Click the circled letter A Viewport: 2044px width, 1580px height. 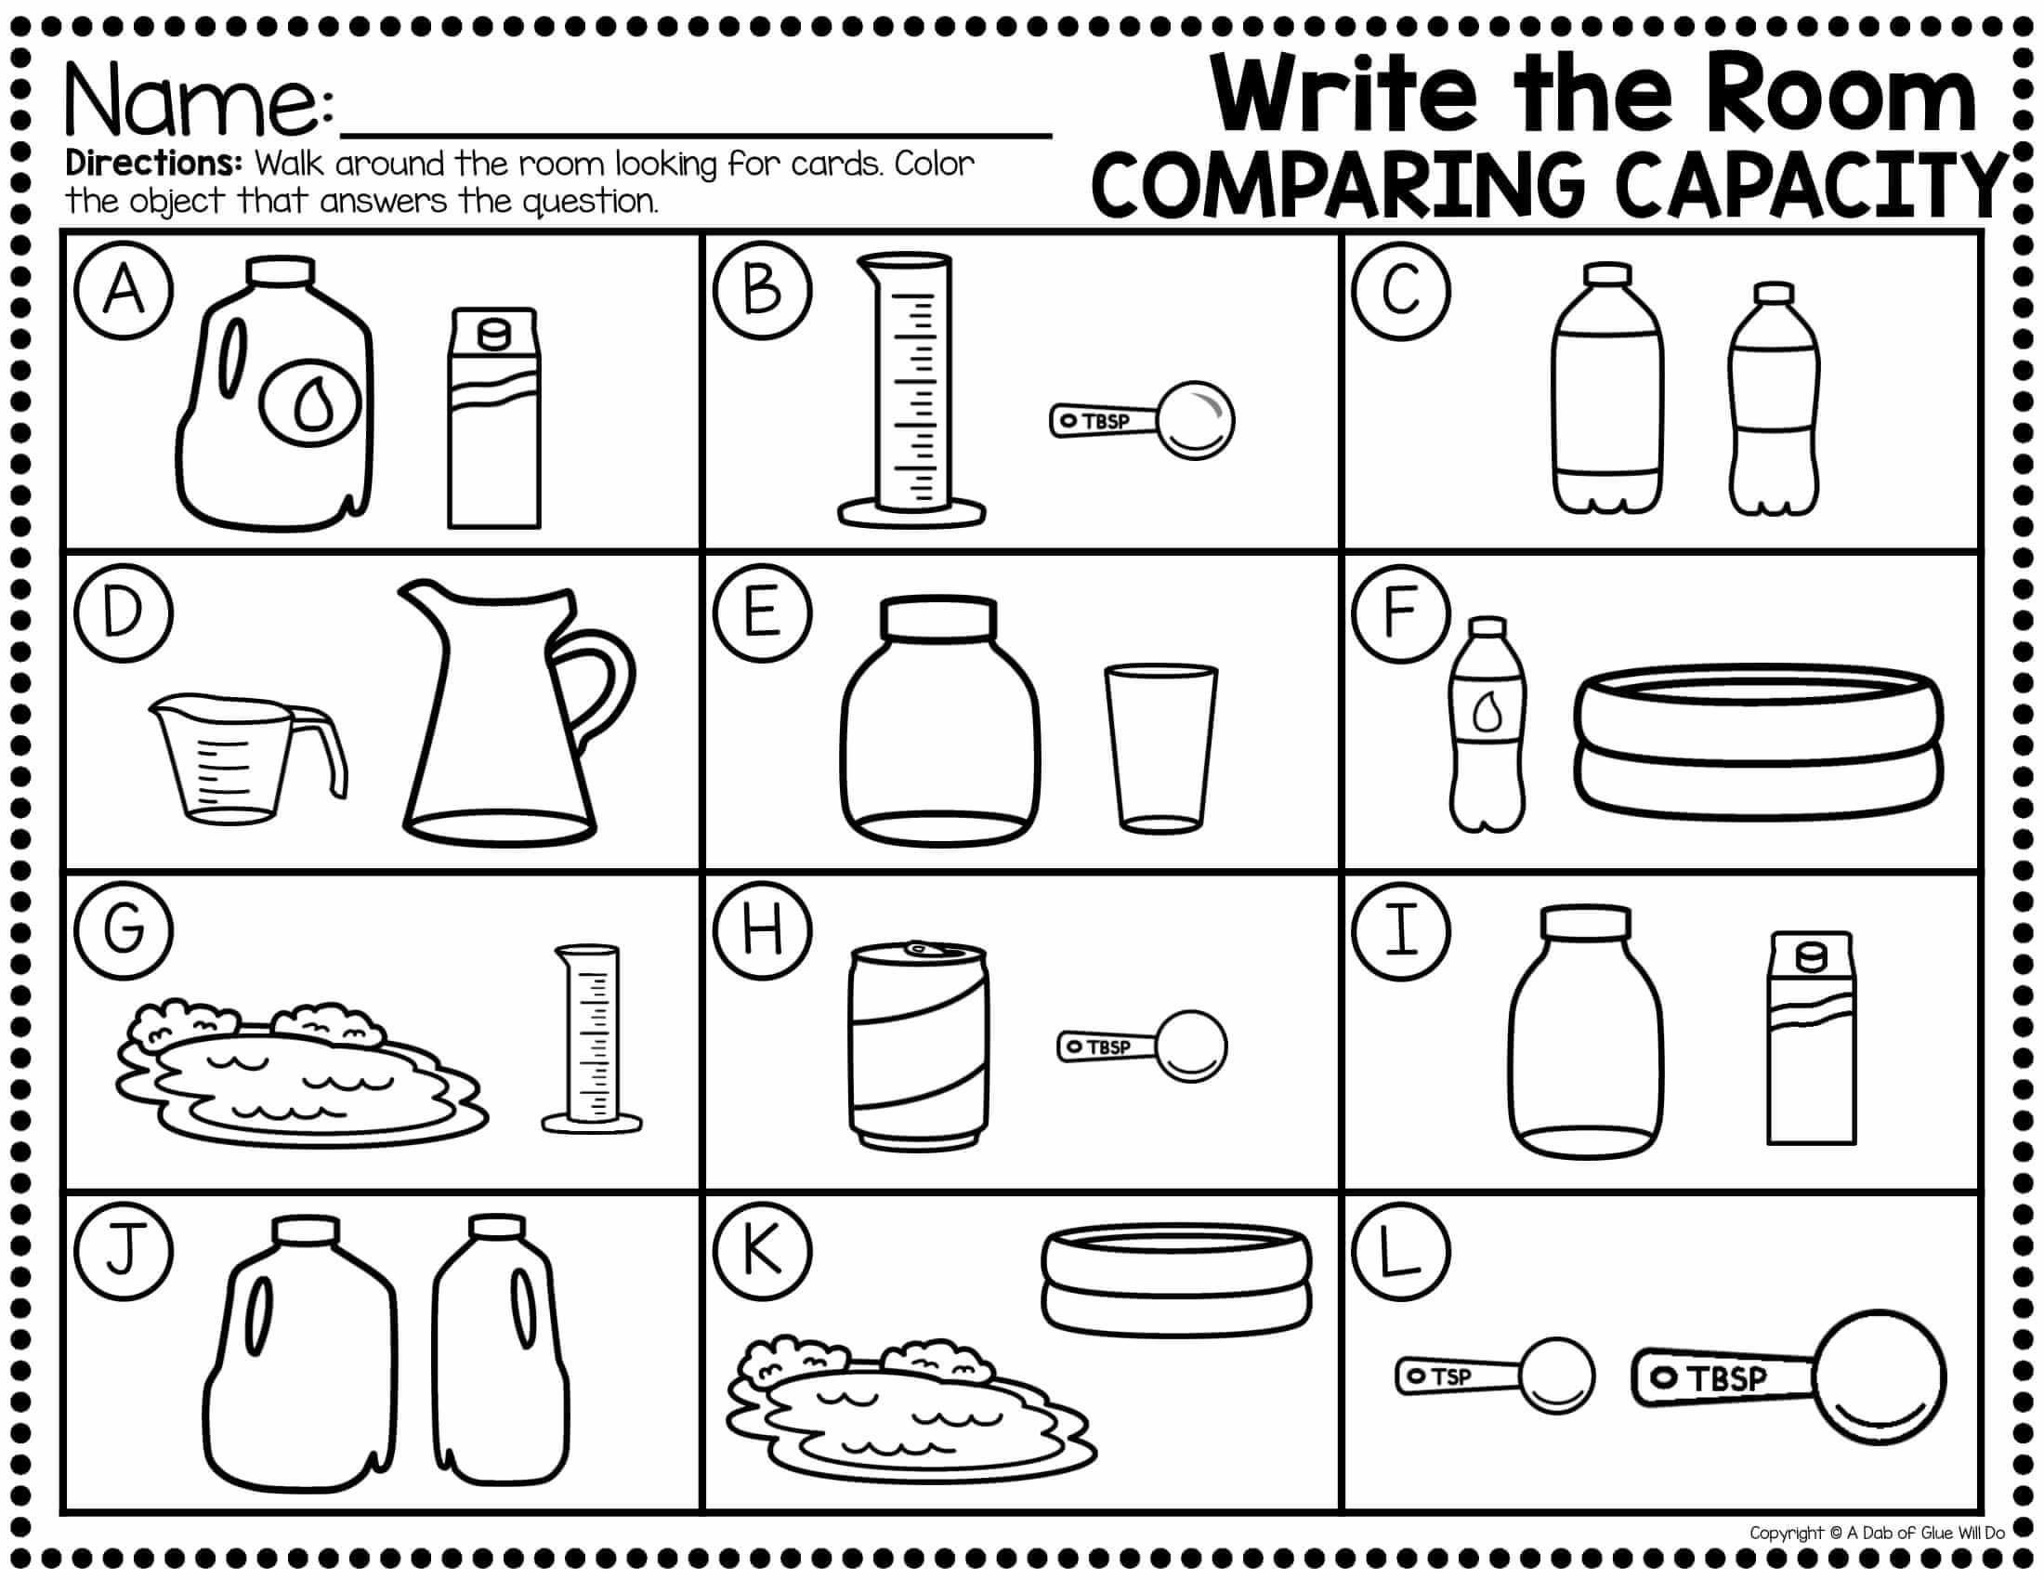[124, 291]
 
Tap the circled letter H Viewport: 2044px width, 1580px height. [763, 932]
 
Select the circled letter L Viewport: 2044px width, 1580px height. [1401, 1253]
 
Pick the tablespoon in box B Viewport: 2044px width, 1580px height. [1142, 420]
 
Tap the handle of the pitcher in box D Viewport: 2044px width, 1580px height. [596, 688]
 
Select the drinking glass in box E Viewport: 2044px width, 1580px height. [1160, 746]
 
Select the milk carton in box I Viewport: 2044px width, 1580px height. [1811, 1038]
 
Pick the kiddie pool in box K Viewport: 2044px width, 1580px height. [1177, 1281]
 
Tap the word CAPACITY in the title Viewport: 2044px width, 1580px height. [1810, 186]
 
